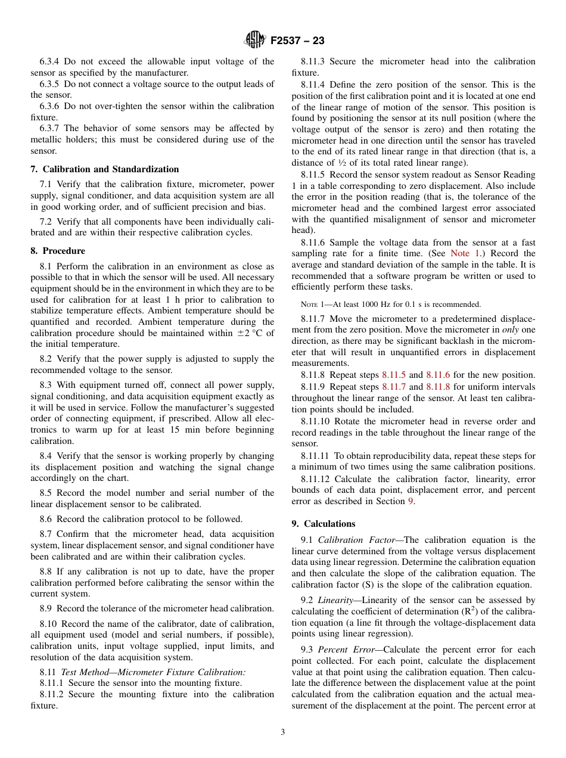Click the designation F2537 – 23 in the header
pyautogui.click(x=297, y=41)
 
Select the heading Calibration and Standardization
pyautogui.click(x=110, y=169)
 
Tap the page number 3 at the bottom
pyautogui.click(x=283, y=732)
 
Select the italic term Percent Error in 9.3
pyautogui.click(x=344, y=649)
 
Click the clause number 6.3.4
pyautogui.click(x=50, y=61)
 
